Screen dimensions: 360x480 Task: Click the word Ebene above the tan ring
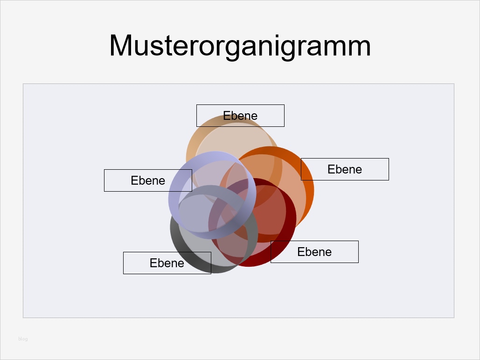pyautogui.click(x=240, y=116)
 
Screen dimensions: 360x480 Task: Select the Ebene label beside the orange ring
pyautogui.click(x=345, y=169)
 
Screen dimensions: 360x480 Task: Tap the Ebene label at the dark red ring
pyautogui.click(x=314, y=252)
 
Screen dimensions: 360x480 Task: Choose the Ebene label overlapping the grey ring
pyautogui.click(x=167, y=263)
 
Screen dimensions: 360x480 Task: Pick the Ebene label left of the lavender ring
pyautogui.click(x=148, y=180)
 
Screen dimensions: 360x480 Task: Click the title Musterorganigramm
pyautogui.click(x=240, y=46)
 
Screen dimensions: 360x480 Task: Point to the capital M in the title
pyautogui.click(x=119, y=46)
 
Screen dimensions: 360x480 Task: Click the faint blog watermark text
pyautogui.click(x=23, y=339)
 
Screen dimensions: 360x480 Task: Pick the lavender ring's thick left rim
pyautogui.click(x=174, y=196)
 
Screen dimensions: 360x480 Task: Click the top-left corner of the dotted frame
pyautogui.click(x=23, y=84)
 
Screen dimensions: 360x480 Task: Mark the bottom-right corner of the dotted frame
pyautogui.click(x=454, y=318)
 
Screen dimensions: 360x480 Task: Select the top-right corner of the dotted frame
pyautogui.click(x=454, y=84)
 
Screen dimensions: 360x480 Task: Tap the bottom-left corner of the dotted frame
pyautogui.click(x=23, y=318)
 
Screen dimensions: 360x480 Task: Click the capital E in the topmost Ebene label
pyautogui.click(x=226, y=116)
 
